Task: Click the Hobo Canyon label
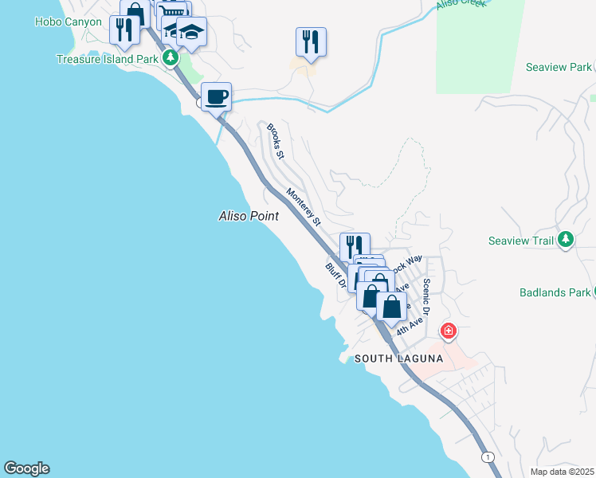pyautogui.click(x=69, y=22)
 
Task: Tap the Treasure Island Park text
pyautogui.click(x=108, y=59)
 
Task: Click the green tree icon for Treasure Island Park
pyautogui.click(x=170, y=58)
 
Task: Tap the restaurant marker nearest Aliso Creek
pyautogui.click(x=311, y=41)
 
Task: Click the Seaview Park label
pyautogui.click(x=559, y=67)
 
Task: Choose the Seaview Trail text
pyautogui.click(x=521, y=240)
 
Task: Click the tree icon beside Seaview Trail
pyautogui.click(x=566, y=239)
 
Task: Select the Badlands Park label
pyautogui.click(x=553, y=292)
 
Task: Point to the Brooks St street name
pyautogui.click(x=275, y=141)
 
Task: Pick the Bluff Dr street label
pyautogui.click(x=335, y=276)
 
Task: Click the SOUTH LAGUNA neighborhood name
pyautogui.click(x=398, y=358)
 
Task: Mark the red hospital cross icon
pyautogui.click(x=449, y=330)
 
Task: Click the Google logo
pyautogui.click(x=26, y=468)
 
